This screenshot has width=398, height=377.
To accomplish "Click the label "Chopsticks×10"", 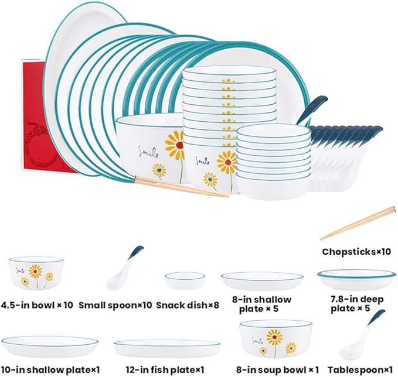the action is [x=356, y=252].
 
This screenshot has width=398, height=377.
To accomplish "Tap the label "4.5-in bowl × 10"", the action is [x=37, y=305].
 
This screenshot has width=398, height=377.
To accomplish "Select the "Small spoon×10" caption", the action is [x=115, y=305].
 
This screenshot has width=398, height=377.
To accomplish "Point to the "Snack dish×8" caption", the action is [x=188, y=305].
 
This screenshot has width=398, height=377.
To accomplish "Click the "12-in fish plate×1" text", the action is [x=165, y=370].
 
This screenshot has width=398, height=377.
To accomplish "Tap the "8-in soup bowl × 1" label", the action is [x=277, y=370].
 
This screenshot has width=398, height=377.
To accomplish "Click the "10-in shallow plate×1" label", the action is [x=50, y=370].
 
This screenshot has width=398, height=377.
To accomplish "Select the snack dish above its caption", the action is [x=185, y=280].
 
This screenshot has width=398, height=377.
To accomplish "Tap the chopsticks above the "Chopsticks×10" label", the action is [x=358, y=223].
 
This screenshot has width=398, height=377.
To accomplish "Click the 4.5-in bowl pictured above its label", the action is [x=36, y=273].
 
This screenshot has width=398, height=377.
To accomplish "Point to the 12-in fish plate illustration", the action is [x=167, y=349].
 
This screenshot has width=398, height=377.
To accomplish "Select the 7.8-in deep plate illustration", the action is [x=356, y=280].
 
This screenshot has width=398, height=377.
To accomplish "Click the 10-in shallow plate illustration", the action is [x=50, y=347].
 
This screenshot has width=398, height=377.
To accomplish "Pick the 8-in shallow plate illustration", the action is [x=262, y=281].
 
